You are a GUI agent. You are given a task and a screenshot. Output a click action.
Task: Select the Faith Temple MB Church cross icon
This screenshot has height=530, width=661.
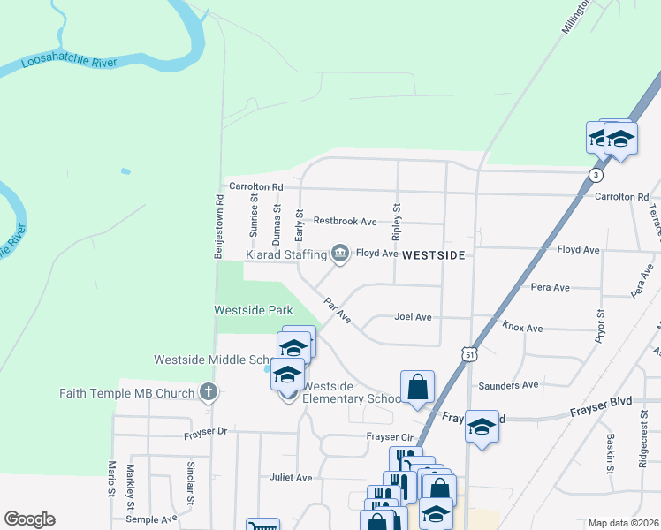tap(209, 393)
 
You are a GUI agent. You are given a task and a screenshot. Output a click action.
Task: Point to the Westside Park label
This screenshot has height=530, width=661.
tap(254, 311)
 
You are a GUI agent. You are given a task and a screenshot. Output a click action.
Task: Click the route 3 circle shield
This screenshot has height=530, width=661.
tap(598, 175)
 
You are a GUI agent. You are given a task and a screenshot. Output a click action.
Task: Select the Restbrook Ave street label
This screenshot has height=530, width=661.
tap(345, 221)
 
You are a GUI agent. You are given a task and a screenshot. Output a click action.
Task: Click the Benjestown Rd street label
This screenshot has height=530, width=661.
tap(218, 225)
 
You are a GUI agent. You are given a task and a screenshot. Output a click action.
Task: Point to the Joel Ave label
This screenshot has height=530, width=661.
tap(413, 316)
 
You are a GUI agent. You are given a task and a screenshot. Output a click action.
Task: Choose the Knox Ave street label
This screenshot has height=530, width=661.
tap(522, 328)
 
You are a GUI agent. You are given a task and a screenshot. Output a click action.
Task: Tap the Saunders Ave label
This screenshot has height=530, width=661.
tap(508, 385)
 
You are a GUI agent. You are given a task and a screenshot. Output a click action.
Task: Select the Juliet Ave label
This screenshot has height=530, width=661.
tap(292, 478)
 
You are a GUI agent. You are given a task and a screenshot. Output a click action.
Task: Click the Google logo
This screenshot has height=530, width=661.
tap(29, 519)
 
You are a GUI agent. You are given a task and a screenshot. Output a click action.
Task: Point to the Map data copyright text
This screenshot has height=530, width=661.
tap(624, 523)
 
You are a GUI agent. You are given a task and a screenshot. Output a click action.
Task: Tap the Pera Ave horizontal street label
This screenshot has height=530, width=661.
tap(550, 287)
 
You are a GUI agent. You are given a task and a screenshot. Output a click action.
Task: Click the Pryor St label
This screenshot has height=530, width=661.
tap(600, 326)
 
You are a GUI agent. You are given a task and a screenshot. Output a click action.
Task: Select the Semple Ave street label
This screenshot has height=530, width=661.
tap(151, 519)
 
